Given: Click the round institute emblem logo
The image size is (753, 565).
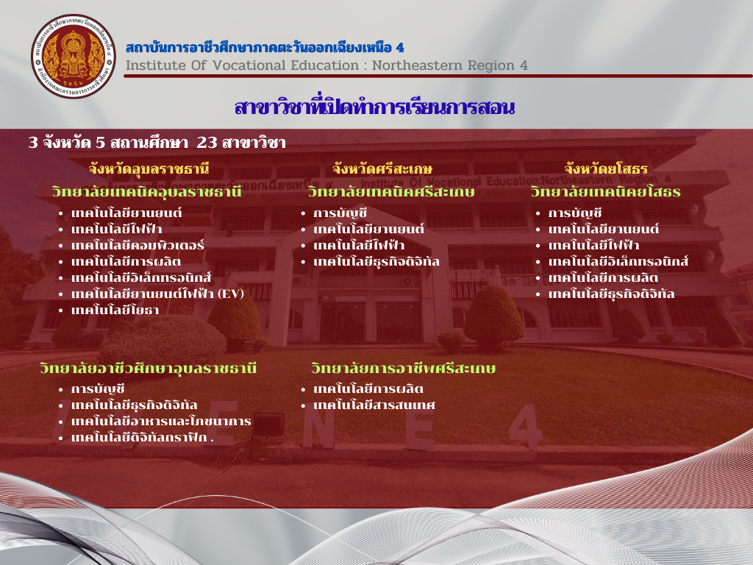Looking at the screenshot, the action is point(74,56).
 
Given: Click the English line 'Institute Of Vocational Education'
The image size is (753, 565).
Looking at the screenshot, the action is point(243,65).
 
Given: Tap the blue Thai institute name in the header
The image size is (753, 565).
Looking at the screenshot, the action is point(265,47).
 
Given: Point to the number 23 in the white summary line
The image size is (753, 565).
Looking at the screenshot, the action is point(207,142).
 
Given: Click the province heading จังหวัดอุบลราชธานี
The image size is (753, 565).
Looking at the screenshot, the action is point(149,168).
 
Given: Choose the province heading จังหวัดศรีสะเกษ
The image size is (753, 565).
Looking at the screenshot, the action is point(382,168).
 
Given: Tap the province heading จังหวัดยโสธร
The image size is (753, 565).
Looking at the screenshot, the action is point(606,168).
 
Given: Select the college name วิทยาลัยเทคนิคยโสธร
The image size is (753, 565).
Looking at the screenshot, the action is point(606,192).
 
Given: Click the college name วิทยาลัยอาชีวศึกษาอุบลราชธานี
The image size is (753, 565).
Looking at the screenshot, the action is point(148,368).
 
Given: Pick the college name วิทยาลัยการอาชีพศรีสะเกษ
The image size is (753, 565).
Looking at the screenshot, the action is point(404,368).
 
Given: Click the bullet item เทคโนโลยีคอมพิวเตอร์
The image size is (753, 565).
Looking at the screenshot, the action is point(138,245).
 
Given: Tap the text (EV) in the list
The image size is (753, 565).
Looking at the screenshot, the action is point(230,294).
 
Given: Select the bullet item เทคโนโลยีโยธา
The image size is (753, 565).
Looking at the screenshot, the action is point(115,310).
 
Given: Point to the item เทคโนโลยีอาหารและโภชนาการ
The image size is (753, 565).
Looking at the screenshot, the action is point(161,421).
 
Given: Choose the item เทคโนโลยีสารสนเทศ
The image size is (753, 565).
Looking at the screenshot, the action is point(374,405).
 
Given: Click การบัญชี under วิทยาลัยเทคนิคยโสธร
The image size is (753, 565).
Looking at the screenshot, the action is point(575,213).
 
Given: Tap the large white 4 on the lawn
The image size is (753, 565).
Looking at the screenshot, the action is point(527,427).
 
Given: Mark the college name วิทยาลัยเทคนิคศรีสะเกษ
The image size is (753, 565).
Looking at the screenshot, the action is point(391,192).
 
